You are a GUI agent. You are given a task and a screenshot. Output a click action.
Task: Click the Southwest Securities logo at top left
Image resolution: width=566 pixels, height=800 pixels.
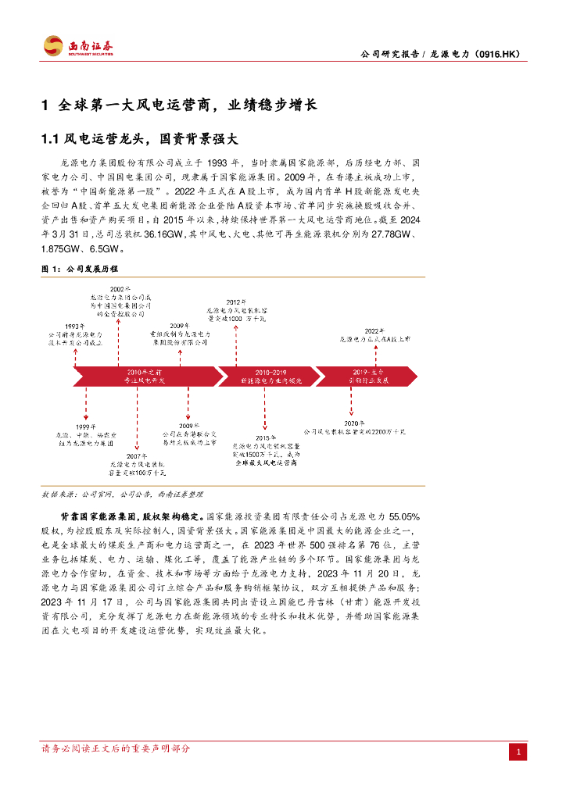click(x=77, y=46)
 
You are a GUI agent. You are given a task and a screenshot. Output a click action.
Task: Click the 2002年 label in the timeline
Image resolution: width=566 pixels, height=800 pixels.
click(x=116, y=289)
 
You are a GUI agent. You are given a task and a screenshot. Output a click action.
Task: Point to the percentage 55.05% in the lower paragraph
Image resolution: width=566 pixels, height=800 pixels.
click(x=405, y=516)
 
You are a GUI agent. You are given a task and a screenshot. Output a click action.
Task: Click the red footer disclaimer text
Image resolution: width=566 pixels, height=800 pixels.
click(x=115, y=748)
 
